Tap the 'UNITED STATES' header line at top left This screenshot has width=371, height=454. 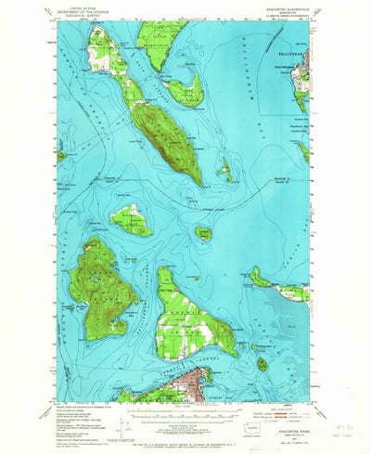pyautogui.click(x=84, y=7)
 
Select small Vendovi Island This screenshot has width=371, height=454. pyautogui.click(x=203, y=233)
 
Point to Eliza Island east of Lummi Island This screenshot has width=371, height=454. pyautogui.click(x=225, y=170)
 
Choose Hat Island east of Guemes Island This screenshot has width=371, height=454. pyautogui.click(x=262, y=363)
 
